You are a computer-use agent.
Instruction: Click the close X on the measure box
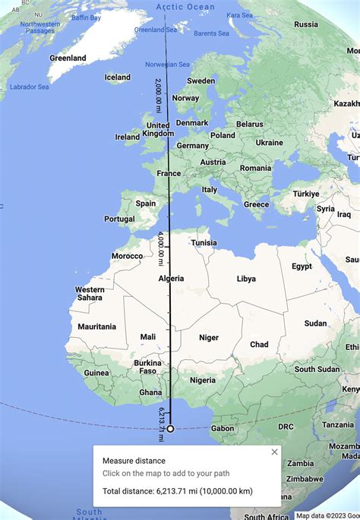274,452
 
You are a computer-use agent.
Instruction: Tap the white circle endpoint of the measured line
170,428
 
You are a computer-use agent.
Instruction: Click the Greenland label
68,58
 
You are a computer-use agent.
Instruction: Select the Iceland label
118,77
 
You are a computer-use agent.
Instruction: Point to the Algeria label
172,279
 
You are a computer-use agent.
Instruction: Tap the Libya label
246,279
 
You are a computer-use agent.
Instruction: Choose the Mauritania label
96,326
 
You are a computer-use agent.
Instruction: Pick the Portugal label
119,219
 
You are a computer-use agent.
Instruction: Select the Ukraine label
269,143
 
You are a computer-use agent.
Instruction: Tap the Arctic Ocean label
185,7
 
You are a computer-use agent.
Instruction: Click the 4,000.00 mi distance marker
162,250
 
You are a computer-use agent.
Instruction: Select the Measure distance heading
134,461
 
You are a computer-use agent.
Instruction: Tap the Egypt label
302,266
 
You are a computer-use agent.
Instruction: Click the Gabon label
223,428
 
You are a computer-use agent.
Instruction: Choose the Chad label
259,344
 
